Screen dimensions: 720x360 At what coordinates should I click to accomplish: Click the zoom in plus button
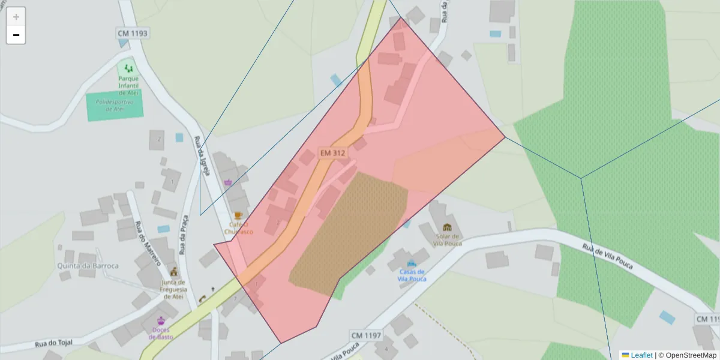point(16,17)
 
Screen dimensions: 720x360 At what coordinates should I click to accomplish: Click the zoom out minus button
point(16,35)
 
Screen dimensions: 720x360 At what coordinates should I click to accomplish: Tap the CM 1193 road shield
point(132,33)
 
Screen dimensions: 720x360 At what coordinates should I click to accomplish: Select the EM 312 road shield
point(332,153)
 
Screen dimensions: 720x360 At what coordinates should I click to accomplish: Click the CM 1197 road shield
point(366,335)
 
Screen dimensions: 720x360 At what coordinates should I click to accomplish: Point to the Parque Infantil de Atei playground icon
point(128,68)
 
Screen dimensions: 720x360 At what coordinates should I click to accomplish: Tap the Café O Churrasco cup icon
point(238,215)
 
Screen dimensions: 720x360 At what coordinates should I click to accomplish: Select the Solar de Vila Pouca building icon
point(446,227)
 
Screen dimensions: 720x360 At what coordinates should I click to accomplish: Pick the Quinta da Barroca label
point(88,266)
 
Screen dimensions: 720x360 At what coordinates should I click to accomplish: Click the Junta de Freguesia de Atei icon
point(174,271)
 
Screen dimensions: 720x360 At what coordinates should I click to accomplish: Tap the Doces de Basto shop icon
point(161,320)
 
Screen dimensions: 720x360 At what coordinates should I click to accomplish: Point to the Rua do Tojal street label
point(53,343)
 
